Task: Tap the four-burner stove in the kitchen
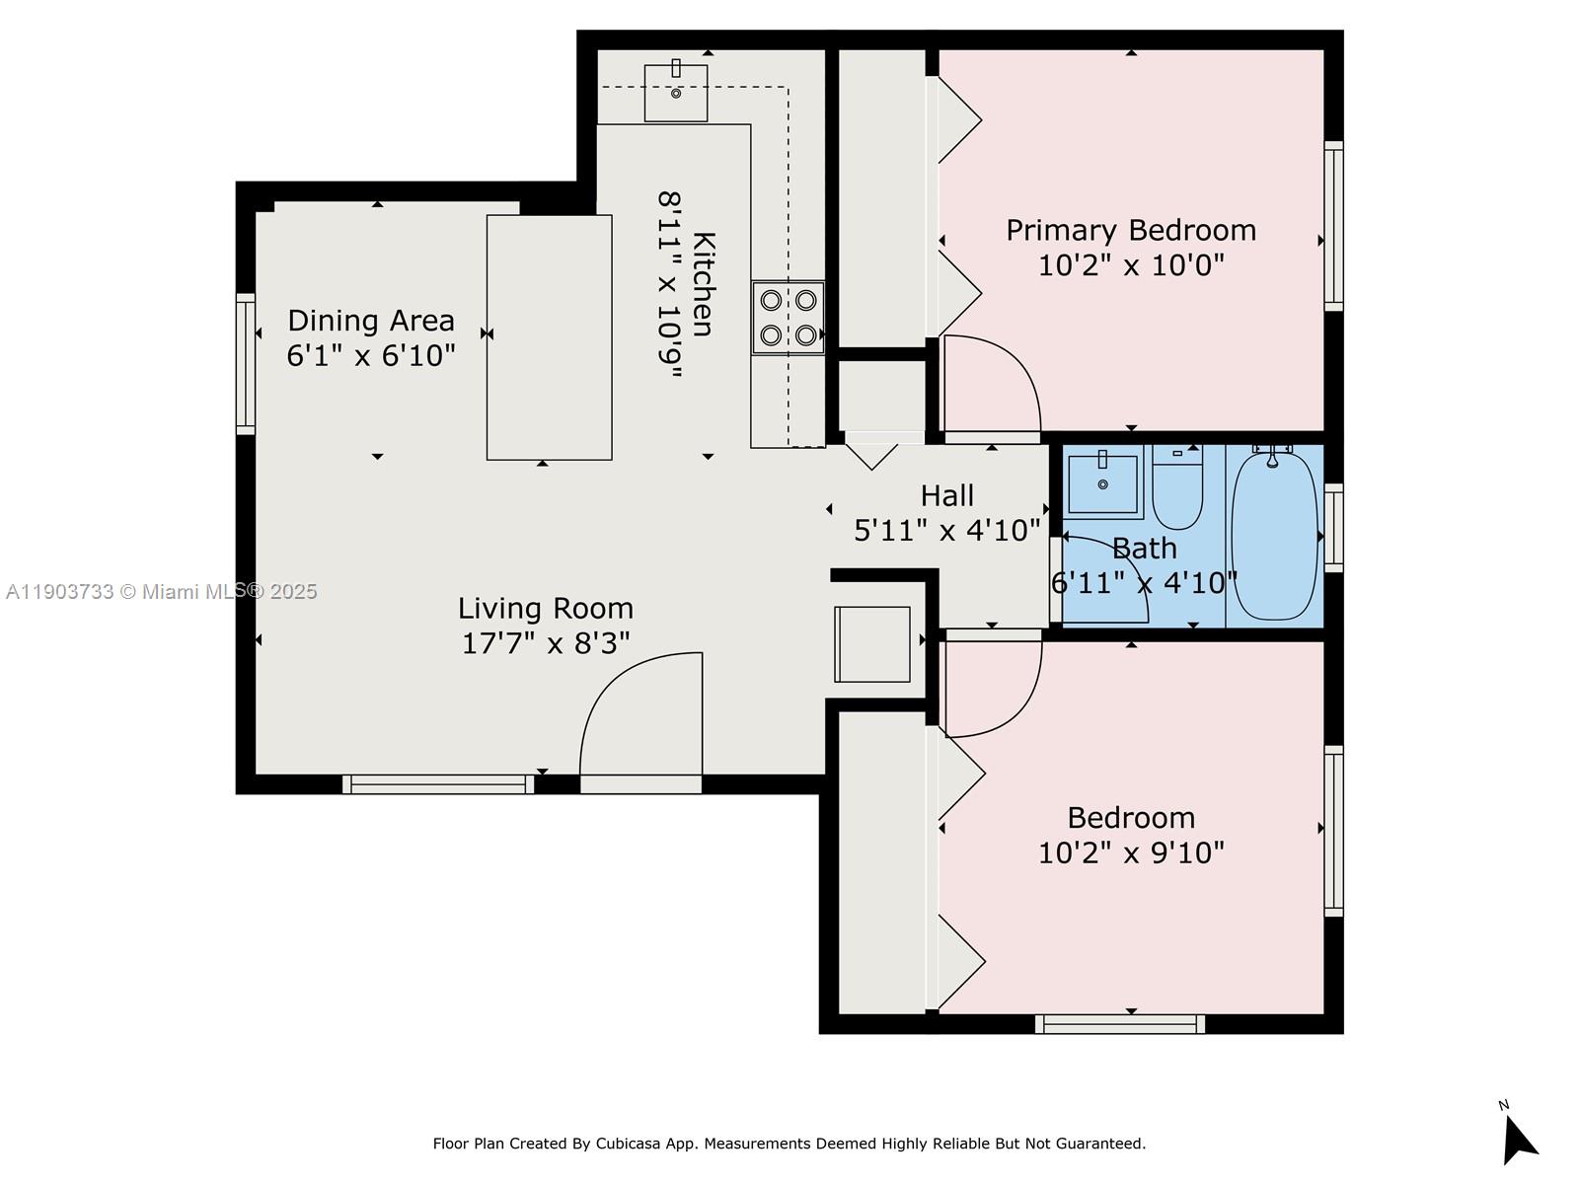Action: click(788, 318)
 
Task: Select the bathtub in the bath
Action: click(1274, 536)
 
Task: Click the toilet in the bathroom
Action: click(1177, 488)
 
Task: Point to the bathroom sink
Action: click(1103, 482)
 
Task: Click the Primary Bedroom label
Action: click(1131, 231)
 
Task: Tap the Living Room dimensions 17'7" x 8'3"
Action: click(546, 643)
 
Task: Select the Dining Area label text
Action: click(371, 321)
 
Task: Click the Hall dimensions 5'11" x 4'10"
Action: click(947, 531)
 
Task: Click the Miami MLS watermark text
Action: click(162, 592)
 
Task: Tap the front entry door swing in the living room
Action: click(641, 715)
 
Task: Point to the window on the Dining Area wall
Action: click(245, 363)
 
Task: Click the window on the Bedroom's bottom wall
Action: click(1120, 1024)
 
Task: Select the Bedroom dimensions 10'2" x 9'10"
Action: click(1131, 852)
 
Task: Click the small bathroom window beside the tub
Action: click(1333, 528)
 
